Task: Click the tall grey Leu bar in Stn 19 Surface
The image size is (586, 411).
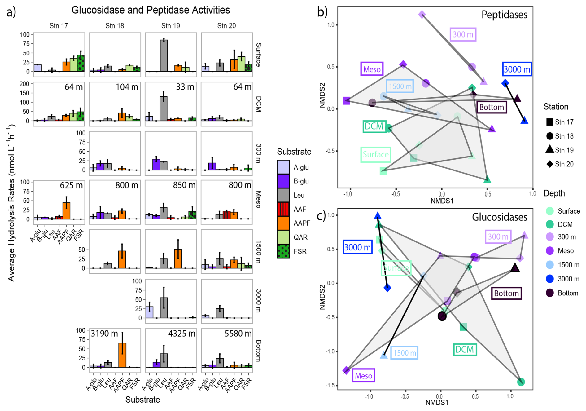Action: [164, 56]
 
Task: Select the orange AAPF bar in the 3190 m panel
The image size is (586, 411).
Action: [122, 355]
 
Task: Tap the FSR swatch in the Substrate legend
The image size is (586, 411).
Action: [283, 251]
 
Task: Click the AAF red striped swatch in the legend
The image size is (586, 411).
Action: [283, 209]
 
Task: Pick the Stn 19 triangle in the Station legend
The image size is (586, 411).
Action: [549, 149]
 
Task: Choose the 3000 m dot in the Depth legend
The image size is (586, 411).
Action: [549, 279]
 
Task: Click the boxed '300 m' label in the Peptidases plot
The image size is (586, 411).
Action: [463, 34]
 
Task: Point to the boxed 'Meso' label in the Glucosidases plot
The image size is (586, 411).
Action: [363, 376]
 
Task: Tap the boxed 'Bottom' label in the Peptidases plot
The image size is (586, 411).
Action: [491, 107]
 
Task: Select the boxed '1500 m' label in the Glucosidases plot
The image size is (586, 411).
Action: [404, 353]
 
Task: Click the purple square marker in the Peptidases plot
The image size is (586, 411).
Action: [346, 101]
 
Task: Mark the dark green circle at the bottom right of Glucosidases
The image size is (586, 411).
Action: [521, 382]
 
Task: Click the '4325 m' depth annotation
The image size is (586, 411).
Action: [182, 334]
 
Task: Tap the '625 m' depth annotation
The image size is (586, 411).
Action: [71, 185]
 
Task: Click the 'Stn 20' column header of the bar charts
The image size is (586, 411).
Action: [226, 26]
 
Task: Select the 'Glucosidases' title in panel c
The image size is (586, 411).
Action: [499, 217]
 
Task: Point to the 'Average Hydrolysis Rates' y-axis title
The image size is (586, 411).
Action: [11, 203]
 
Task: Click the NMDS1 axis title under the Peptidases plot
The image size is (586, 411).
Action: [442, 201]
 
